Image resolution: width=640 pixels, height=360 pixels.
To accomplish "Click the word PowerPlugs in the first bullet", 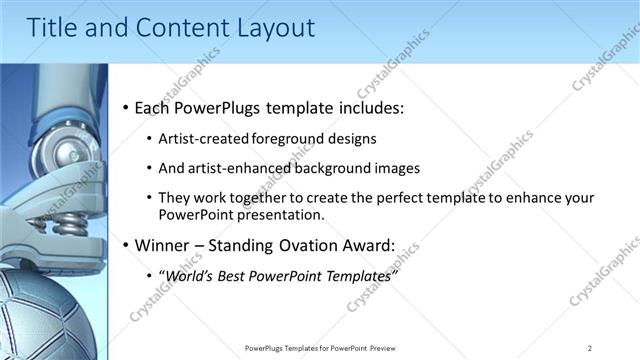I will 221,108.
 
